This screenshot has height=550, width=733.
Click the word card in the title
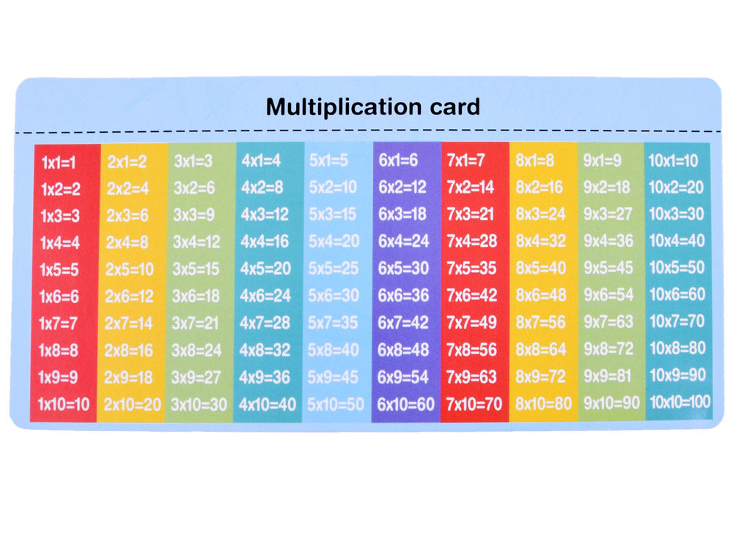[x=452, y=107]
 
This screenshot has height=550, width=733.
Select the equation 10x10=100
[x=679, y=402]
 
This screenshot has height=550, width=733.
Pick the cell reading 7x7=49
[x=471, y=322]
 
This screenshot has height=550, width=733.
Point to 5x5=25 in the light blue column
[x=334, y=268]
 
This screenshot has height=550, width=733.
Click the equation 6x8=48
[x=403, y=349]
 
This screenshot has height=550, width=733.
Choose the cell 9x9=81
[x=607, y=375]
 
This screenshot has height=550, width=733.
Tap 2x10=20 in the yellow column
[x=132, y=403]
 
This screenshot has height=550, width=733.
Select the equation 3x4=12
[x=196, y=241]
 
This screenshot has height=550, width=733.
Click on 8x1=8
[x=535, y=161]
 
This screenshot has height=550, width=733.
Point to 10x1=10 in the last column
[x=674, y=161]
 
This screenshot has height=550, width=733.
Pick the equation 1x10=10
[x=64, y=403]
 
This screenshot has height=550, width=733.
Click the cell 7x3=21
[x=471, y=214]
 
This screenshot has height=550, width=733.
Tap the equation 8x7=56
[x=541, y=322]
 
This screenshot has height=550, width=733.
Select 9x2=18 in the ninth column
[x=607, y=187]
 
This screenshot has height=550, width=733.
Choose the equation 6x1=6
[x=398, y=161]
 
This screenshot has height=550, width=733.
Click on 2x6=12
[x=129, y=296]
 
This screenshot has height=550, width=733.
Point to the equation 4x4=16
[x=265, y=241]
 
